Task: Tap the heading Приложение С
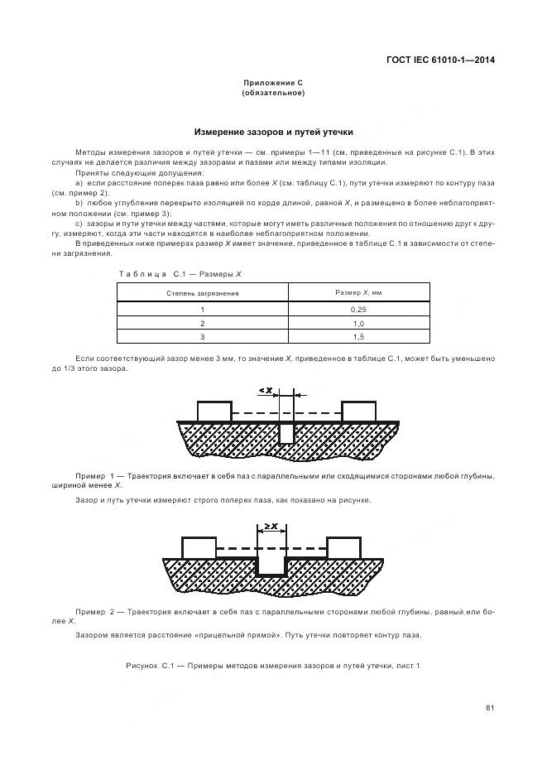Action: coord(273,83)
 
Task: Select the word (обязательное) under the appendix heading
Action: coord(273,93)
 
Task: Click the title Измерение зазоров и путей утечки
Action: coord(273,132)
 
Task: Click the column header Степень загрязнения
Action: coord(203,293)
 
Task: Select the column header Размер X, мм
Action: coord(358,293)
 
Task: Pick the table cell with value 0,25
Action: coord(358,309)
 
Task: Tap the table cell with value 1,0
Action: coord(358,323)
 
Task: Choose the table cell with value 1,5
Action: coord(358,337)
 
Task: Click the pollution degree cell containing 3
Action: coord(203,337)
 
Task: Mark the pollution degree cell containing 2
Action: coord(203,323)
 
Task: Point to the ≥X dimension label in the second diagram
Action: coord(271,526)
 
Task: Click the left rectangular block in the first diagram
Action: coord(214,411)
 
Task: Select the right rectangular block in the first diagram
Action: coord(359,411)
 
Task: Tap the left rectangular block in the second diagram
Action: coord(199,547)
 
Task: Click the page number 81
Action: coord(490,707)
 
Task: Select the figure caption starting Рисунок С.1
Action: coord(273,665)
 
